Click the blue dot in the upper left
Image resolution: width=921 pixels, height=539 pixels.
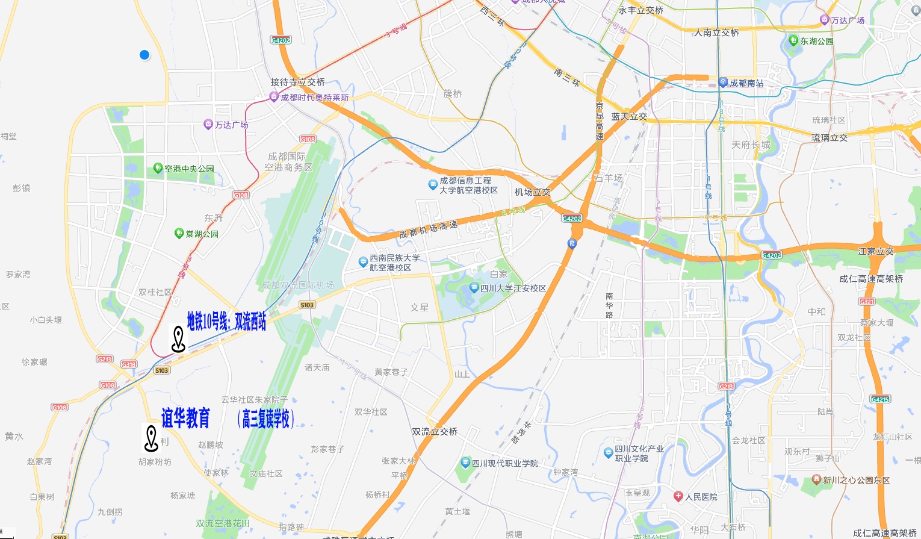point(144,55)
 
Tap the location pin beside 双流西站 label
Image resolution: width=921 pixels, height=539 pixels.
point(178,339)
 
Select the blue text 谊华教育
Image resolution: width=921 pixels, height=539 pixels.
point(185,418)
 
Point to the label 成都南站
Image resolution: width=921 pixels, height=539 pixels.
point(746,83)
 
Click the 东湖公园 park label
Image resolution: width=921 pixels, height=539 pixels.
point(816,41)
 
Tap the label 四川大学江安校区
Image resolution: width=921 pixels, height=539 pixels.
point(512,288)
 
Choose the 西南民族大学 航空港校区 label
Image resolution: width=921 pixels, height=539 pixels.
point(394,263)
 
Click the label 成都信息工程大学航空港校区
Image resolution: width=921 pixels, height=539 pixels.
point(468,185)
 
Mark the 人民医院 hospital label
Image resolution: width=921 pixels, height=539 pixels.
point(700,497)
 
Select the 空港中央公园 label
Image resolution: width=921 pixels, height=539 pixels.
point(188,169)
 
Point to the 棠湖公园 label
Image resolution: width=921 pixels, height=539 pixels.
point(201,234)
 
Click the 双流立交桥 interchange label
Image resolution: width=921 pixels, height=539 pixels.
point(435,432)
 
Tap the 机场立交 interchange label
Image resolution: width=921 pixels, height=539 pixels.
point(532,192)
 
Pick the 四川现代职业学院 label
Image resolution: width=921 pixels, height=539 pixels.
point(504,463)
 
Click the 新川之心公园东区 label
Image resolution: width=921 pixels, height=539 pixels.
point(855,480)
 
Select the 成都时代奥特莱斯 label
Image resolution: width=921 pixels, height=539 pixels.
point(314,97)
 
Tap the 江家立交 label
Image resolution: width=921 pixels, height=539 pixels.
point(875,251)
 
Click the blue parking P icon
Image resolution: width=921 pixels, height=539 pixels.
point(572,243)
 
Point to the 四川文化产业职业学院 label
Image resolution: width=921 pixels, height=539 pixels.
point(639,453)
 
